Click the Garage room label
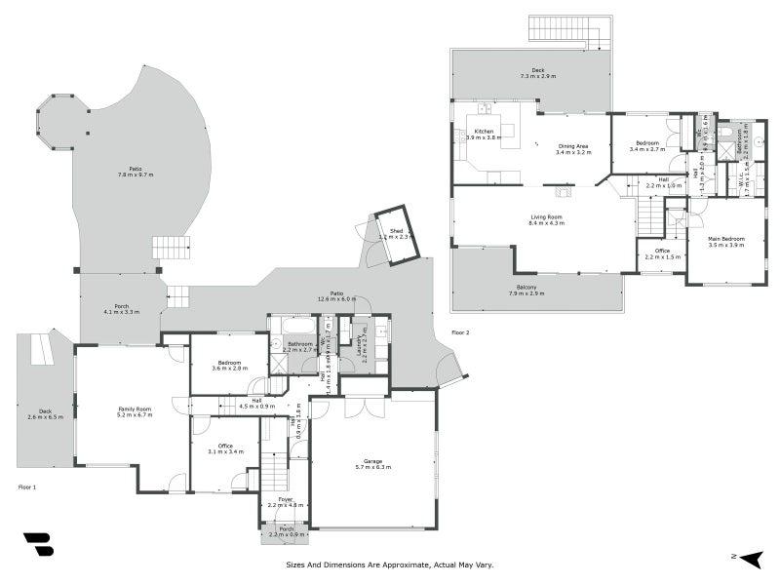coord(371,461)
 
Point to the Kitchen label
coord(484,132)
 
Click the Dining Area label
coord(574,146)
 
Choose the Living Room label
coord(547,217)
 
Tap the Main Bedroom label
coord(726,239)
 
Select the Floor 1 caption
coord(27,485)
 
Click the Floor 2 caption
coord(460,332)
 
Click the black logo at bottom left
coord(38,544)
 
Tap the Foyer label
coord(286,499)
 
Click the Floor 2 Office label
coord(662,252)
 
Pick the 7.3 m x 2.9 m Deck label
coord(531,71)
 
